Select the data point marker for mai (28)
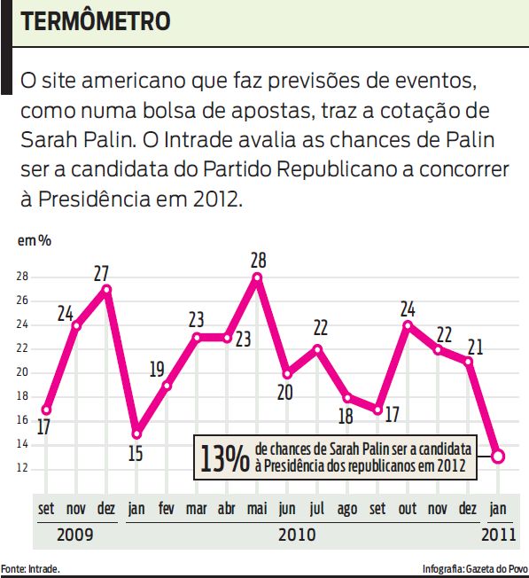(x=257, y=277)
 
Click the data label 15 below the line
(x=136, y=454)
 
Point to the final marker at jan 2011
(x=498, y=456)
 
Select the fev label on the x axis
(x=166, y=510)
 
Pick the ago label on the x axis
(x=347, y=510)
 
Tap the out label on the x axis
(x=408, y=510)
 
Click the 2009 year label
(x=74, y=535)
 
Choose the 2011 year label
(x=498, y=535)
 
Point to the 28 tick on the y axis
(x=22, y=277)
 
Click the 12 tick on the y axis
(x=22, y=468)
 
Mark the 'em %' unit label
(x=33, y=240)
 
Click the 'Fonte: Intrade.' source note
(x=31, y=568)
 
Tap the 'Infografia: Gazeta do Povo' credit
(x=475, y=568)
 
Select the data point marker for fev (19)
(x=166, y=385)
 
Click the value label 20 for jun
(x=284, y=392)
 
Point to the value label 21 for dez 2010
(x=475, y=346)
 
